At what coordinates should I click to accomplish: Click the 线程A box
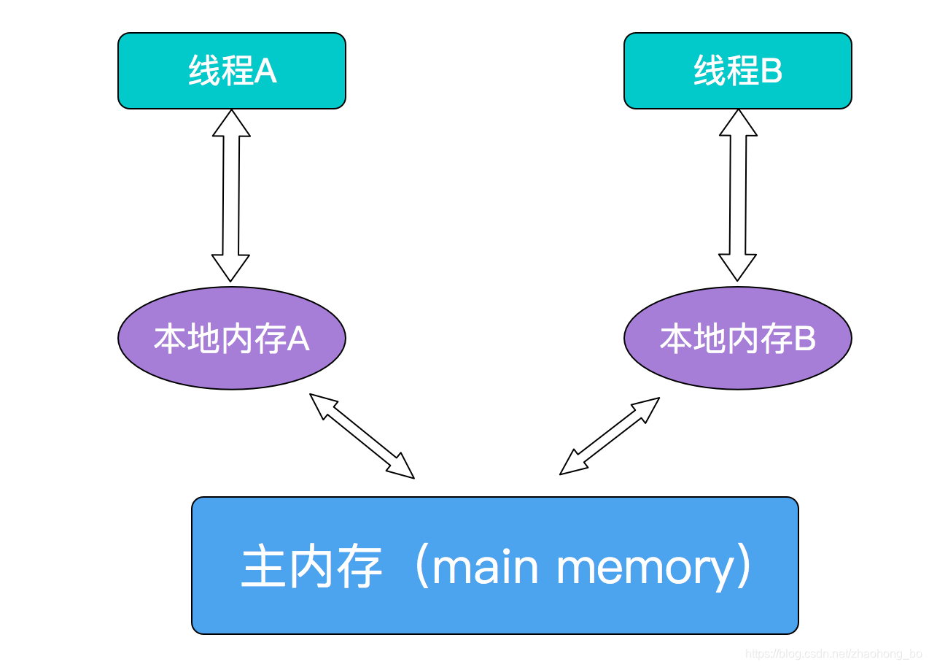click(231, 71)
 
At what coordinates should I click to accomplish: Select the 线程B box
click(737, 71)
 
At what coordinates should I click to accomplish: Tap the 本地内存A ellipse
click(231, 338)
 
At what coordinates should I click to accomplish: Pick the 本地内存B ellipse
click(737, 338)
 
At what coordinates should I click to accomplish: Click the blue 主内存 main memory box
click(494, 566)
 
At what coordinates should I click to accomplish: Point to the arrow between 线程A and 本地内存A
click(231, 196)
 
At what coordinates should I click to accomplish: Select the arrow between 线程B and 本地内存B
click(737, 196)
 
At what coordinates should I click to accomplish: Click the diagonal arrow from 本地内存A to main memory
click(362, 436)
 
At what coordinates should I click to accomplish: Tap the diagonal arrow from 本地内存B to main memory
click(610, 436)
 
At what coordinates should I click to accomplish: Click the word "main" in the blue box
click(485, 567)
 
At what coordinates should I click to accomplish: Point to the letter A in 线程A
click(265, 72)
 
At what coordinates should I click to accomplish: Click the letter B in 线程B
click(771, 72)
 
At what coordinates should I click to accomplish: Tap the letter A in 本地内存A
click(298, 339)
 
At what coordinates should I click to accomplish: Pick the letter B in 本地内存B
click(804, 339)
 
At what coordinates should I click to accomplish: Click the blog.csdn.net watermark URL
click(834, 654)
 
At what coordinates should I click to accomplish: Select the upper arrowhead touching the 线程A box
click(231, 123)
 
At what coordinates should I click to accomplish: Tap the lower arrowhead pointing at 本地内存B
click(737, 268)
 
